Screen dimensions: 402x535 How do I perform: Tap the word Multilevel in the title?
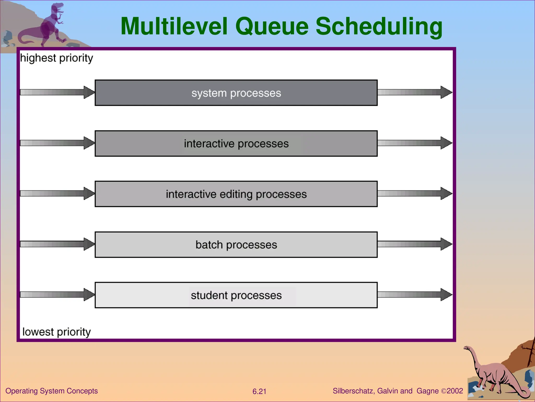coord(174,26)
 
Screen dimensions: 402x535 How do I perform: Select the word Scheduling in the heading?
coord(379,26)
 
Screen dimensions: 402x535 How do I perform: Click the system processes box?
coord(236,93)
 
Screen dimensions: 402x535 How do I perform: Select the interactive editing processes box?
coord(236,194)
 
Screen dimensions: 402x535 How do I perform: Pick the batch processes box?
coord(236,245)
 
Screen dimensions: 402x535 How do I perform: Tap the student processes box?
coord(236,295)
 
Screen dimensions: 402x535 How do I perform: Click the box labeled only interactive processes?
coord(236,143)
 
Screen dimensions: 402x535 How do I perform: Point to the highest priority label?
coord(56,58)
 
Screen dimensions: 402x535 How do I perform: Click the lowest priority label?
coord(56,332)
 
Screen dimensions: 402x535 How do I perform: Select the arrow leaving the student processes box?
coord(415,294)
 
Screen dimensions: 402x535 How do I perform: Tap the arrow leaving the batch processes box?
coord(415,244)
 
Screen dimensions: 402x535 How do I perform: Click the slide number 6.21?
coord(259,391)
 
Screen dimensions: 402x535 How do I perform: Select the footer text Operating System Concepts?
coord(51,391)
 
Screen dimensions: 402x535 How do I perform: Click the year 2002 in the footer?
coord(455,391)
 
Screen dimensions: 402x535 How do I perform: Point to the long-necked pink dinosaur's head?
coord(467,348)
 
